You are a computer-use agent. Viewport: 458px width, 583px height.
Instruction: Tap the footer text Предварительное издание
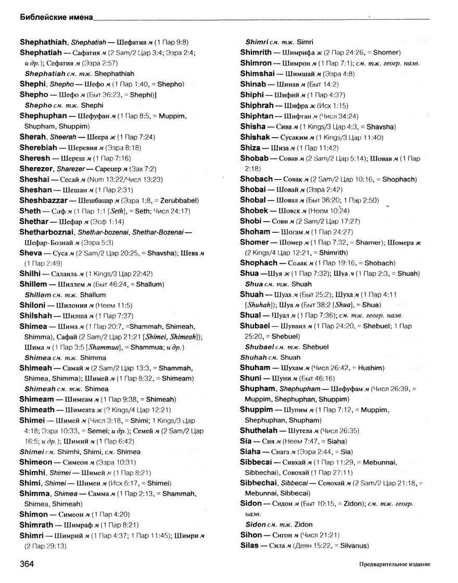click(x=395, y=565)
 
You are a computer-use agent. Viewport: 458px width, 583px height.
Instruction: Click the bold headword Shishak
click(x=256, y=137)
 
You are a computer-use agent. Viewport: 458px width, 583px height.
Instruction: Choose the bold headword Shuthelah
click(x=259, y=430)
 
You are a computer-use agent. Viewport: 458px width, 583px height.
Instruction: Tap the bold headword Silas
click(x=251, y=546)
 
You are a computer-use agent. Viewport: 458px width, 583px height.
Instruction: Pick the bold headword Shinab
click(x=253, y=84)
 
